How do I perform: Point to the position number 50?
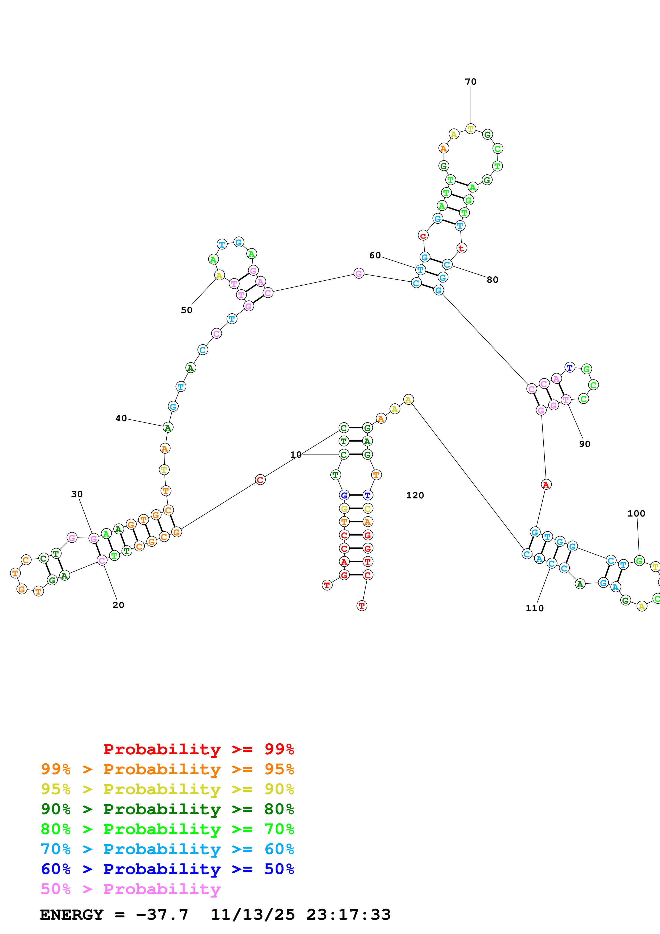click(x=186, y=310)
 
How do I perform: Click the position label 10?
click(x=296, y=454)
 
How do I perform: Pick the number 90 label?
click(x=584, y=444)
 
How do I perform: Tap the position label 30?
click(x=77, y=494)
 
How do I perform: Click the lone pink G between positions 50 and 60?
click(x=358, y=273)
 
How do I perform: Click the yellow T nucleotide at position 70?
click(x=470, y=129)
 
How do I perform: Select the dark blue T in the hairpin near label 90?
click(x=570, y=367)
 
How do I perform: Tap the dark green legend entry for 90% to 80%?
click(x=167, y=809)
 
